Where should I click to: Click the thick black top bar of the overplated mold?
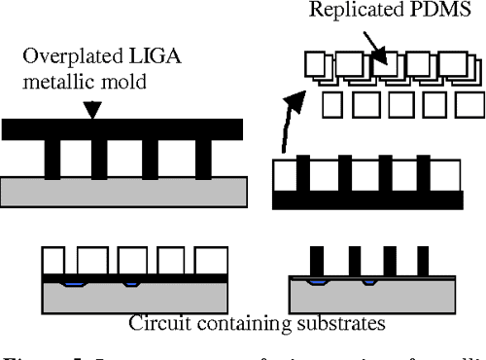click(x=126, y=127)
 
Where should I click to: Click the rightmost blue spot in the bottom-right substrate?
click(x=367, y=283)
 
